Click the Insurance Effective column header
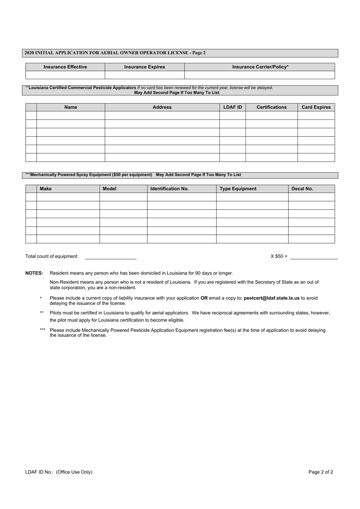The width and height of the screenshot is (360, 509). coord(65,67)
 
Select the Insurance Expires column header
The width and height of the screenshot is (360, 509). coord(144,67)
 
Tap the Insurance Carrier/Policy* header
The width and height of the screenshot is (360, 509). coord(260,67)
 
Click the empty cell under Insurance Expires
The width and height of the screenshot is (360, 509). coord(144,75)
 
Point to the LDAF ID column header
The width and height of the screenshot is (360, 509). coord(232,107)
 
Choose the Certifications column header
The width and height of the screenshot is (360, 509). coord(271,107)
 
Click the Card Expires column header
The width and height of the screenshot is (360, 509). coord(316,107)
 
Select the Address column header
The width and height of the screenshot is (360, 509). coord(162,107)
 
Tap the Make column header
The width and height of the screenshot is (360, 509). coord(46,189)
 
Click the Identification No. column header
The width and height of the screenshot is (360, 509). coord(169,189)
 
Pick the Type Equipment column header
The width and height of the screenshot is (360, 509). coord(238,189)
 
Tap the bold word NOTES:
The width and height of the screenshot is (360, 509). coord(34,273)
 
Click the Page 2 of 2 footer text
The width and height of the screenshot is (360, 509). coord(321,472)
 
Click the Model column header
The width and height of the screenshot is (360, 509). coord(110,189)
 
